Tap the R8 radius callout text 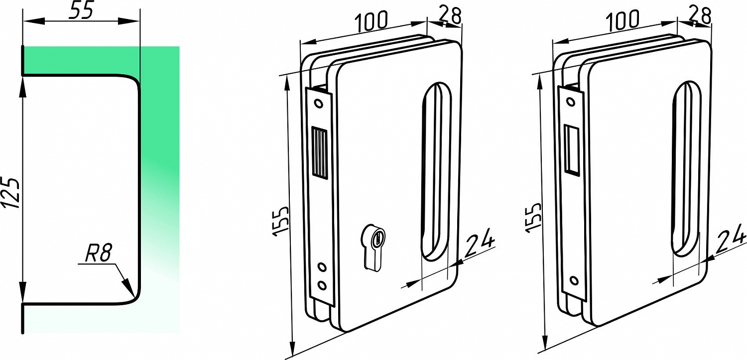(98, 253)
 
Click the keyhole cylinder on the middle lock (373, 246)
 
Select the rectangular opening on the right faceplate (571, 149)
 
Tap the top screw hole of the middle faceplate (319, 104)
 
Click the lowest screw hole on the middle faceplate (322, 285)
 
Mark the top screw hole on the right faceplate (571, 102)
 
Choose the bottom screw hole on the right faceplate (574, 280)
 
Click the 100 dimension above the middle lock (372, 22)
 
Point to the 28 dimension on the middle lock (450, 14)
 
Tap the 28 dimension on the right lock (700, 14)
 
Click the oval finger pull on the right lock (687, 169)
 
